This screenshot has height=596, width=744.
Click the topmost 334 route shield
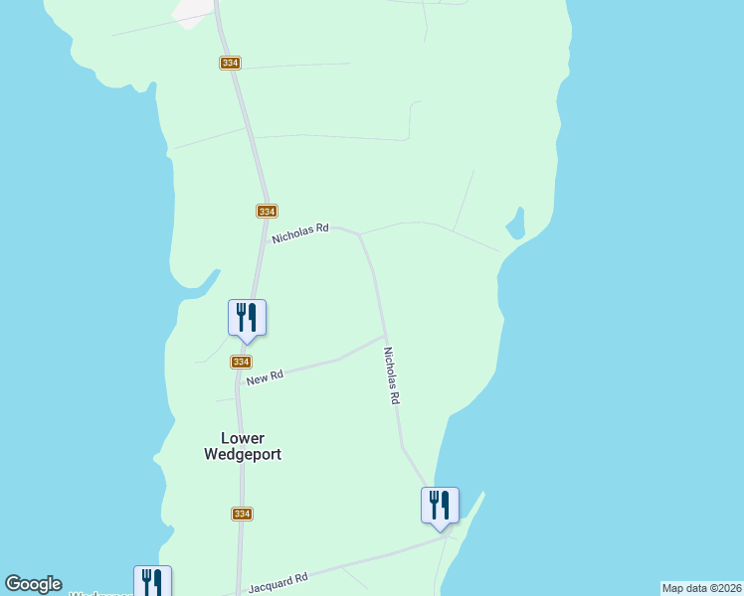231,63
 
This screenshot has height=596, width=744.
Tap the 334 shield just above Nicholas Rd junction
266,211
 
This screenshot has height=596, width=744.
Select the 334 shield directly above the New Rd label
241,362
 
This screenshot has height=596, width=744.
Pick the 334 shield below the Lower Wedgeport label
242,514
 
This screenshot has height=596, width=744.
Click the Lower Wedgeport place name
243,445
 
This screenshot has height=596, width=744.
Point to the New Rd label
266,377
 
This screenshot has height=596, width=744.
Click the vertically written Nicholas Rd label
391,374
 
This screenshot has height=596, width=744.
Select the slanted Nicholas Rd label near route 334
300,233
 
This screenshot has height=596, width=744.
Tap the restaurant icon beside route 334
247,318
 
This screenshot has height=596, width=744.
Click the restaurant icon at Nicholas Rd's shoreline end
440,506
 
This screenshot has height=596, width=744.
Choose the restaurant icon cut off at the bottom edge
152,581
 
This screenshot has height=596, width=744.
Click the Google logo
33,584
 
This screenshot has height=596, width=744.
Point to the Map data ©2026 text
701,588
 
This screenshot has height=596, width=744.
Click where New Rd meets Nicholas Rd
384,336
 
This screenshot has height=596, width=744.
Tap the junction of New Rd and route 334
239,375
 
